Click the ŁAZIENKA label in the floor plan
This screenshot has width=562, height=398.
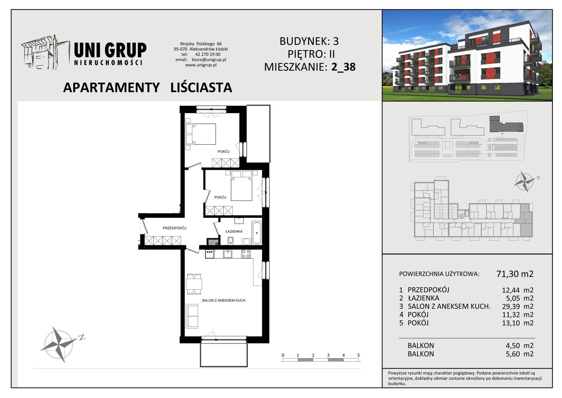pyautogui.click(x=234, y=231)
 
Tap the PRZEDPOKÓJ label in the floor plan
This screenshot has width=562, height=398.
pyautogui.click(x=174, y=228)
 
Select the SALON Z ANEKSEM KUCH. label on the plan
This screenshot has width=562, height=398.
pyautogui.click(x=224, y=300)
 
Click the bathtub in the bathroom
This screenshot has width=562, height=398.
pyautogui.click(x=257, y=233)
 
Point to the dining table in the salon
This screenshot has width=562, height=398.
pyautogui.click(x=194, y=284)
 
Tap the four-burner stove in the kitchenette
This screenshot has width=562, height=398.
pyautogui.click(x=246, y=254)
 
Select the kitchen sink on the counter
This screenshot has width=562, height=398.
pyautogui.click(x=228, y=254)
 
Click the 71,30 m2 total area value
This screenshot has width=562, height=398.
pyautogui.click(x=515, y=274)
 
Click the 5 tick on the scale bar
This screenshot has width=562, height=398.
pyautogui.click(x=359, y=355)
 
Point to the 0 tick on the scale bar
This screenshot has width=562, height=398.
pyautogui.click(x=283, y=355)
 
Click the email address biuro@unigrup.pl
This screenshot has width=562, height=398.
pyautogui.click(x=209, y=60)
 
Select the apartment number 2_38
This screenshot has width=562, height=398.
pyautogui.click(x=344, y=67)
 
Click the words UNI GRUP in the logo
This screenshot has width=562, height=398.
pyautogui.click(x=111, y=50)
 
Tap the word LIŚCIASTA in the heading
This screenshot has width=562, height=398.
pyautogui.click(x=201, y=87)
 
